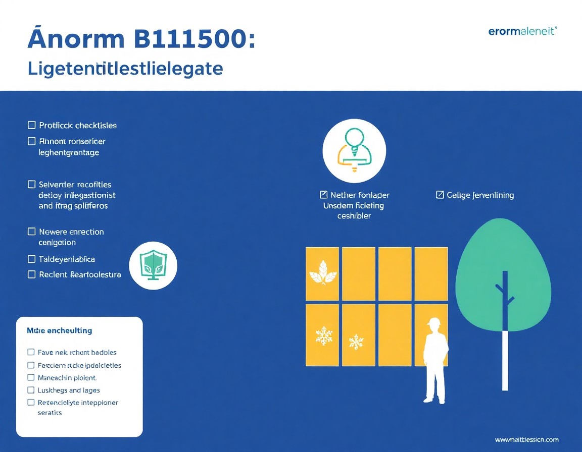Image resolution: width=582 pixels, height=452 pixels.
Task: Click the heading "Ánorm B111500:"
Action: pos(141,39)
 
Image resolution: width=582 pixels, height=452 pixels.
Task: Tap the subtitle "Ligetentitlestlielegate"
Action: pos(125,69)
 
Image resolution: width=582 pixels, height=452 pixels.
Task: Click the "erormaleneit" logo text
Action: pos(522,31)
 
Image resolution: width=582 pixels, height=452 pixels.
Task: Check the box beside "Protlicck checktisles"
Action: pos(32,125)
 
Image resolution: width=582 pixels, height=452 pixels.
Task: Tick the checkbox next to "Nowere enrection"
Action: pos(32,232)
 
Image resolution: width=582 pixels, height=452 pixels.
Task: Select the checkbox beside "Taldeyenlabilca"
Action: pos(32,259)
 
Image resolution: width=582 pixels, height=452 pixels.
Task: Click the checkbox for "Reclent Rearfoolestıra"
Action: pos(32,274)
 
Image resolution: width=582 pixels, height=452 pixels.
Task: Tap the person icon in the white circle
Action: pos(354,150)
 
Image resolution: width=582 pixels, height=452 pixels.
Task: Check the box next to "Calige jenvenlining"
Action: pos(440,195)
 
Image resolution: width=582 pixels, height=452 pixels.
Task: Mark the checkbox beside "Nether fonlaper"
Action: pos(324,195)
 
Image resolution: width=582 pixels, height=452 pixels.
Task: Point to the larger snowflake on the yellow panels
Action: pos(323,335)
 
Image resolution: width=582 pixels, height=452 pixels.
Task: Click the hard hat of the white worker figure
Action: pos(433,321)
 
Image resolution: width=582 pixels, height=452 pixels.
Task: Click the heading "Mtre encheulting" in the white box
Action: pos(59,330)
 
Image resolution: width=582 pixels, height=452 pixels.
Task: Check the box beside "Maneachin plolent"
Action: pos(31,377)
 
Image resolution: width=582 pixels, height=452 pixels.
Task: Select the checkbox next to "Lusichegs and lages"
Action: pos(31,390)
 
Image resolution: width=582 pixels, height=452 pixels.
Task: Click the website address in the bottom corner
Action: pos(526,440)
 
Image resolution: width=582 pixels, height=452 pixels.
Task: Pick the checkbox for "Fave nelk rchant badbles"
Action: pos(31,352)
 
